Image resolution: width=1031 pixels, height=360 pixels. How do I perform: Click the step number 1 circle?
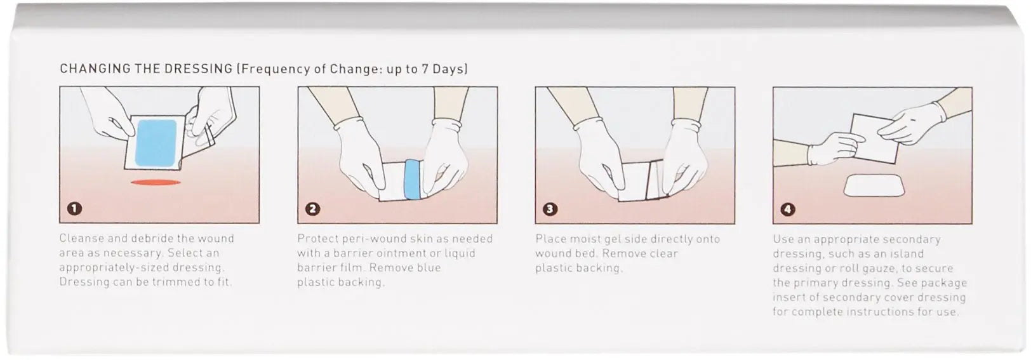[74, 208]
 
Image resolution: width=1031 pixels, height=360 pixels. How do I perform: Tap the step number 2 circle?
[312, 209]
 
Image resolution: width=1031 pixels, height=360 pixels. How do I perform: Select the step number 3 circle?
[550, 209]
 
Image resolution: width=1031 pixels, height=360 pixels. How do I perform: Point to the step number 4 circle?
[787, 209]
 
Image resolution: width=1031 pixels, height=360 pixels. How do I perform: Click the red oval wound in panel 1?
[156, 182]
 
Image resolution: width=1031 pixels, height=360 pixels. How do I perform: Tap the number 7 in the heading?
[426, 69]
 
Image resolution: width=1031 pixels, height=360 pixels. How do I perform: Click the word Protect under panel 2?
[317, 239]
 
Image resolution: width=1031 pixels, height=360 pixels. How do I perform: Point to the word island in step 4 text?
[906, 254]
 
